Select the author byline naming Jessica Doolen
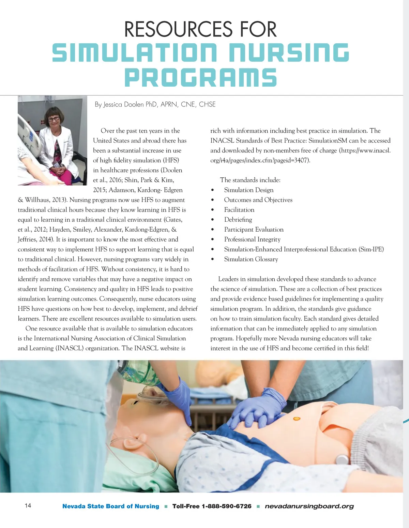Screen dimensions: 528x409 155,104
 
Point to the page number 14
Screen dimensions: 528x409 28,505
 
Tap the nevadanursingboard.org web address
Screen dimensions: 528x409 309,506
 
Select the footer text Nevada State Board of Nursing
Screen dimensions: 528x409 111,506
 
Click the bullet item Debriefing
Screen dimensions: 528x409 238,220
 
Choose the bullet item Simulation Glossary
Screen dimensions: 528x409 251,259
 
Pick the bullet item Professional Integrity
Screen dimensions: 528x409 252,239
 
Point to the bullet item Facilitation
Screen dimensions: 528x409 239,210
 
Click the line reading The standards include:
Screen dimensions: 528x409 250,180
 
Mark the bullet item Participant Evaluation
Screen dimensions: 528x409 254,230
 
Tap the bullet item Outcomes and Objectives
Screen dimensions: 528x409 258,200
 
